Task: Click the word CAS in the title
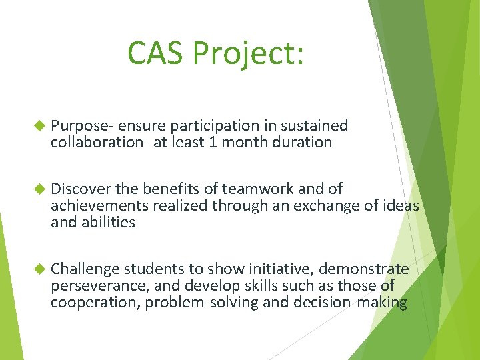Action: point(155,53)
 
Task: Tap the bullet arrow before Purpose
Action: point(38,125)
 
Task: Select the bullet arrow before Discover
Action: point(38,189)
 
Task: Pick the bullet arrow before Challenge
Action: point(38,269)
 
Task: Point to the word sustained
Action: point(315,125)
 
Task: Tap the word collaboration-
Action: point(99,142)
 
